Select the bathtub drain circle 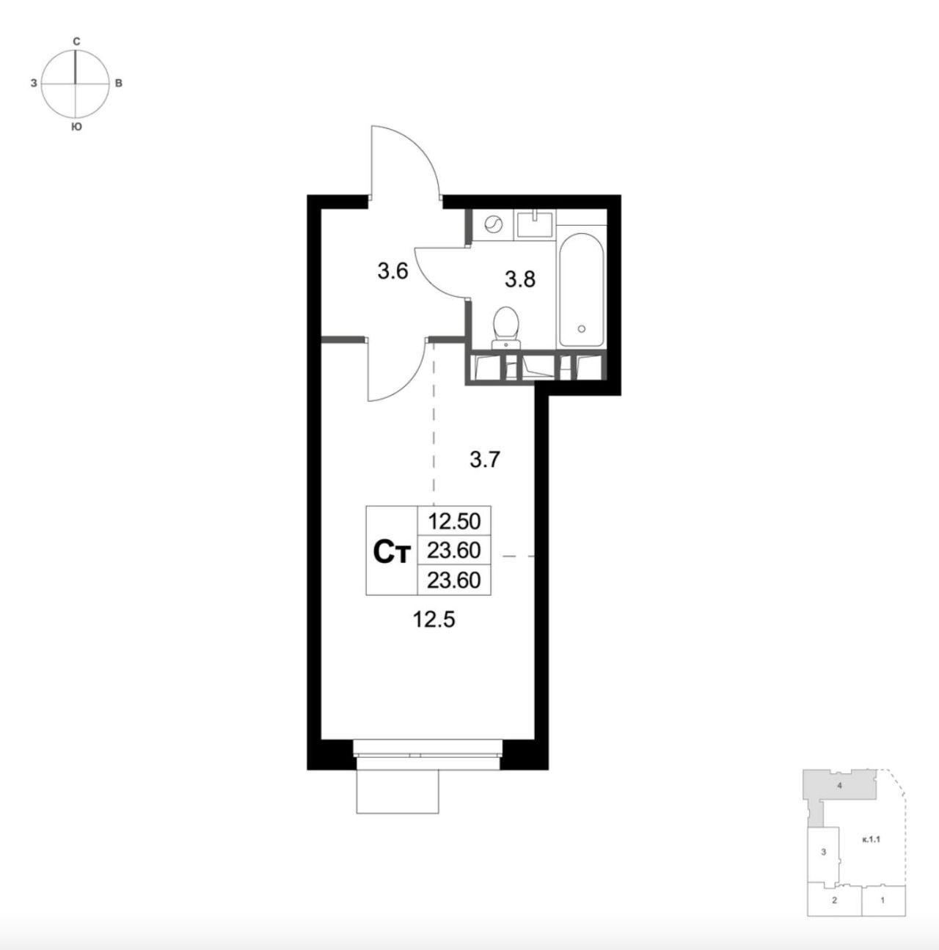582,328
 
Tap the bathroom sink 535,224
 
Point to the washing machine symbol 493,224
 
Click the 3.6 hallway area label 392,271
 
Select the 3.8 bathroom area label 520,279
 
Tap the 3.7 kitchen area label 485,460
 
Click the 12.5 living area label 434,619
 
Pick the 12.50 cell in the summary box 454,521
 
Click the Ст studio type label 392,552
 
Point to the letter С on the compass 76,42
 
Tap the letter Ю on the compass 76,128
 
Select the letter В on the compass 118,84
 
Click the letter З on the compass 34,84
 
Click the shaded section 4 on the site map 839,787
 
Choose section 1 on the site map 883,899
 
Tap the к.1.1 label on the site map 872,839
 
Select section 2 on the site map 834,899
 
